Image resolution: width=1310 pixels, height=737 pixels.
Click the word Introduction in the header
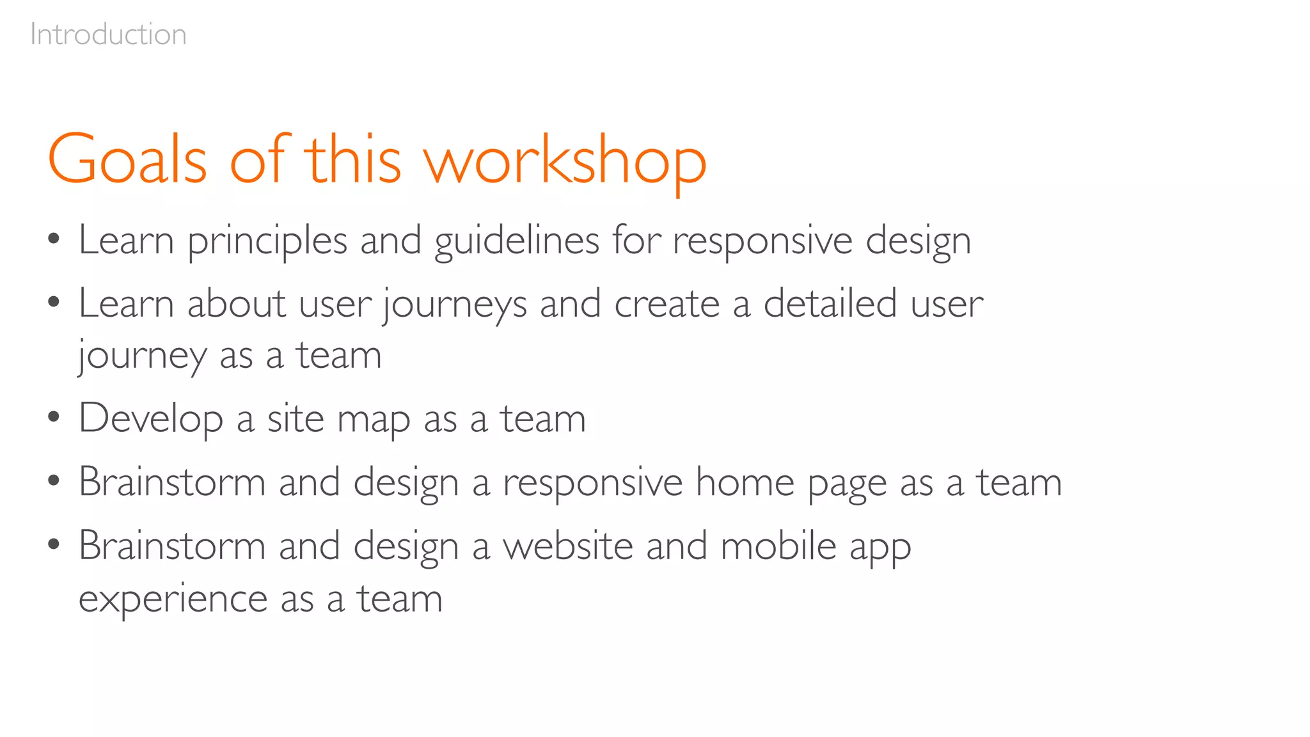(108, 35)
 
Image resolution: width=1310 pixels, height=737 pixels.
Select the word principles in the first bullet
(267, 242)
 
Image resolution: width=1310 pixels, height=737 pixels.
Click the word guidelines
(517, 242)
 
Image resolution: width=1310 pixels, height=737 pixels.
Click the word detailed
(829, 303)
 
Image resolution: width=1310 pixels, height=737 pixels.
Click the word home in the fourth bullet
(745, 482)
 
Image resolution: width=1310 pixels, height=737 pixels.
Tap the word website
(568, 546)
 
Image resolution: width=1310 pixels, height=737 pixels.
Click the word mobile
(778, 546)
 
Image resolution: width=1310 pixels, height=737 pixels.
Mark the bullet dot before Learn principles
(54, 239)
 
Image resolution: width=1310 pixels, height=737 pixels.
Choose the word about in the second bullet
(236, 303)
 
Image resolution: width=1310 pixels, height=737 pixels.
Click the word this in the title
(352, 160)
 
